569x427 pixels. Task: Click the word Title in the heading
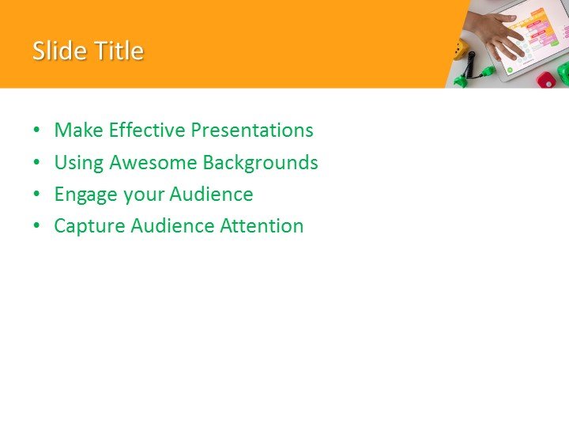pos(119,51)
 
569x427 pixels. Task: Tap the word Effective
pos(149,130)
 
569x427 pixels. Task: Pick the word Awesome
pos(153,163)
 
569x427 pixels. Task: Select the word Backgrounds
pos(261,163)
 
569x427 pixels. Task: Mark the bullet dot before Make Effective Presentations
pos(36,131)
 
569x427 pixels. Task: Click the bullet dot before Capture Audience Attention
pos(36,227)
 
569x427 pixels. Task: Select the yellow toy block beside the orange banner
pos(461,51)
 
